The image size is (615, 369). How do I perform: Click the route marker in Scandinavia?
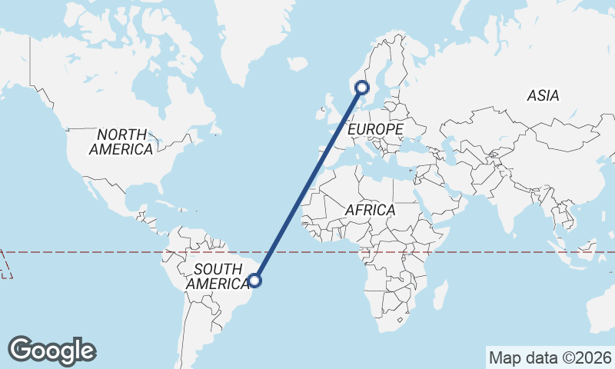coord(362,88)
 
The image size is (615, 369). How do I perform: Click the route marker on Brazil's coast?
coord(256,281)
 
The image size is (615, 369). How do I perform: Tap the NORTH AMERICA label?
coord(121,142)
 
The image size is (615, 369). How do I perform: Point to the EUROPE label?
coord(375,130)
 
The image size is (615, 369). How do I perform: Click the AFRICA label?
coord(370,210)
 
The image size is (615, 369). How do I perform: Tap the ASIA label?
coord(543,96)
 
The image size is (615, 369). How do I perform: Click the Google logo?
coord(52,351)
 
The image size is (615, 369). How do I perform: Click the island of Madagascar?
coord(440,295)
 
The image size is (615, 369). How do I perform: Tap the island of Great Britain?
coord(328,108)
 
